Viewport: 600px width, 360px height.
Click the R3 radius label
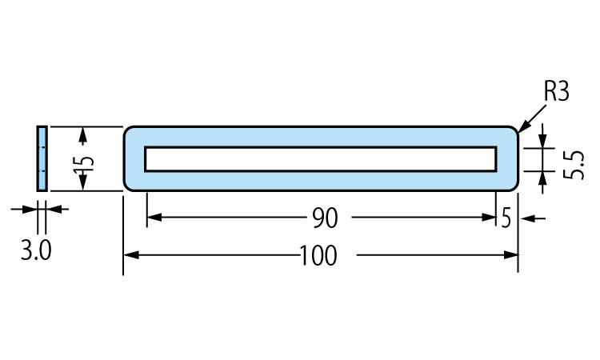555,92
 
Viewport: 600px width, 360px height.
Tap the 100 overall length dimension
320,256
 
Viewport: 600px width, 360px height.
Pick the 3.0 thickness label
36,252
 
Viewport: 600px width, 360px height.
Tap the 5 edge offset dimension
506,218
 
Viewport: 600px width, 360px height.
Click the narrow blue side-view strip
42,158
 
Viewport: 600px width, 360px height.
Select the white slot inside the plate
320,158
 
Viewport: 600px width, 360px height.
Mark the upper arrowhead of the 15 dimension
82,133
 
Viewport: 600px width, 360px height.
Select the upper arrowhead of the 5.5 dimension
544,141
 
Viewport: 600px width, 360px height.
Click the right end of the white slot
494,158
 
